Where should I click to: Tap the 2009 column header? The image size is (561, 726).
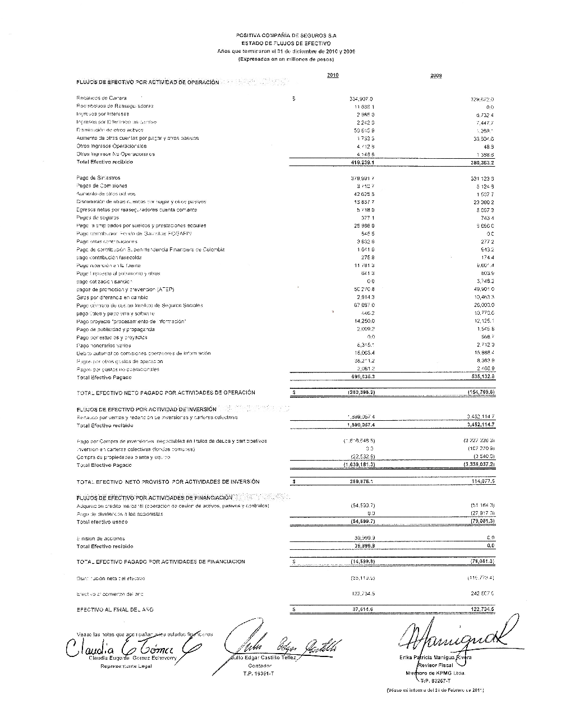click(436, 76)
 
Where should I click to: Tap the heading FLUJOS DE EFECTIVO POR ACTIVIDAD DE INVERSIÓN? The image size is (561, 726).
click(146, 410)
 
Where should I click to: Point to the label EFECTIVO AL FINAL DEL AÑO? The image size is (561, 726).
click(114, 609)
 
